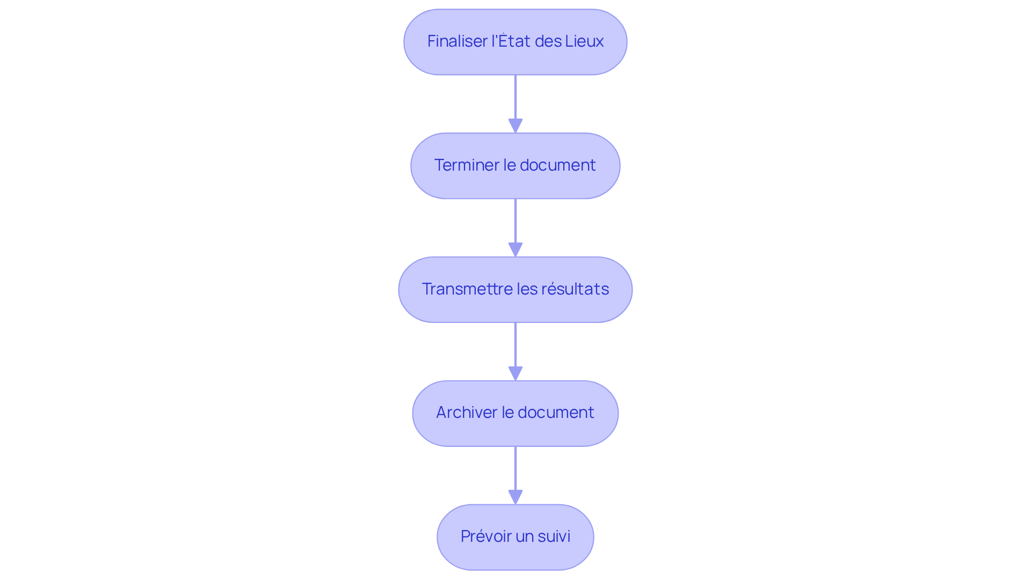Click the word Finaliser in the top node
[x=457, y=41]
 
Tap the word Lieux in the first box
[x=584, y=41]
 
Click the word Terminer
[x=466, y=165]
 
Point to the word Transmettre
[x=467, y=289]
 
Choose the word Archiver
[x=466, y=413]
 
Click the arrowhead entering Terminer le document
[x=515, y=126]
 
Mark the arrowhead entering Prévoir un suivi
[x=515, y=497]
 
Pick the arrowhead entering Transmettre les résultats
[x=515, y=250]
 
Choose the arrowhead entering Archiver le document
[x=515, y=374]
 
